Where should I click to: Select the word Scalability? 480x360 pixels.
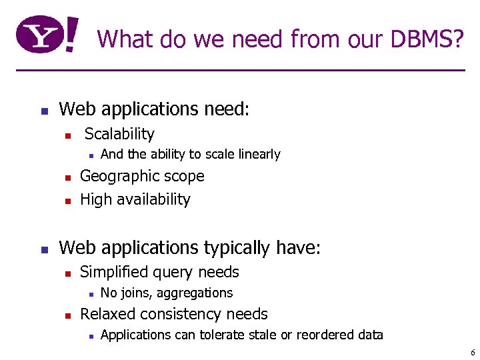click(119, 134)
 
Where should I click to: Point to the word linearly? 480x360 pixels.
click(257, 155)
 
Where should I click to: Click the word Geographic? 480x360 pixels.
click(113, 177)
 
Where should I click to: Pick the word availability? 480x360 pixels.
click(153, 199)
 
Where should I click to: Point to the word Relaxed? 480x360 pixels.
click(107, 314)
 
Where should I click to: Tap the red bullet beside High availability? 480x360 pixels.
click(67, 201)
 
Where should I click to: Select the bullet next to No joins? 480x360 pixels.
click(90, 294)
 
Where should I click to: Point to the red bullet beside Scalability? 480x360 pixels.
click(67, 135)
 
